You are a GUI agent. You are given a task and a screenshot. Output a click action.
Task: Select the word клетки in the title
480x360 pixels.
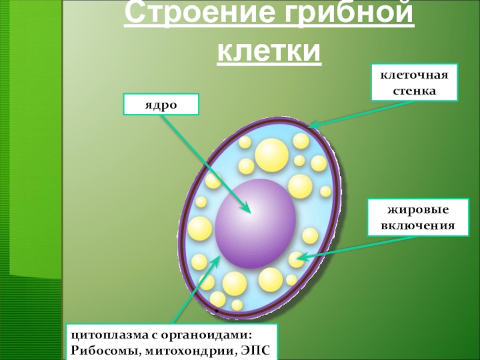tap(269, 52)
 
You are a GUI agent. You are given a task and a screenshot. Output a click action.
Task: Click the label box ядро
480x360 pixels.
tap(161, 104)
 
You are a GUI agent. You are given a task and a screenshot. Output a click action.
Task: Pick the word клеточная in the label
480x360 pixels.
tap(413, 76)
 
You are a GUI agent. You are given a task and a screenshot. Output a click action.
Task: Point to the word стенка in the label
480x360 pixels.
tap(413, 92)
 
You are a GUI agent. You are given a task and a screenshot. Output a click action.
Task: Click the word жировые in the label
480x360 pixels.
tap(418, 211)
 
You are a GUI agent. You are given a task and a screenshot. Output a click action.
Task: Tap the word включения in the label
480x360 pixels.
tap(418, 227)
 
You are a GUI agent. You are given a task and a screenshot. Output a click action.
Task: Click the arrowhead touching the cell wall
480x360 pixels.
tap(311, 126)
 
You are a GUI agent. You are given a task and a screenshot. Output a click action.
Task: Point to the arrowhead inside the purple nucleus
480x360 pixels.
tap(247, 209)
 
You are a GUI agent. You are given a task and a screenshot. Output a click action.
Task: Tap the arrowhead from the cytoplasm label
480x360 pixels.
tap(211, 264)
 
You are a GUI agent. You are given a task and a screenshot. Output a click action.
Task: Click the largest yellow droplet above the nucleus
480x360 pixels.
tap(271, 154)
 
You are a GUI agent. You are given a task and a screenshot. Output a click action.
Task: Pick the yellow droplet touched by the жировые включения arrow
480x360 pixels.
tap(296, 259)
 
